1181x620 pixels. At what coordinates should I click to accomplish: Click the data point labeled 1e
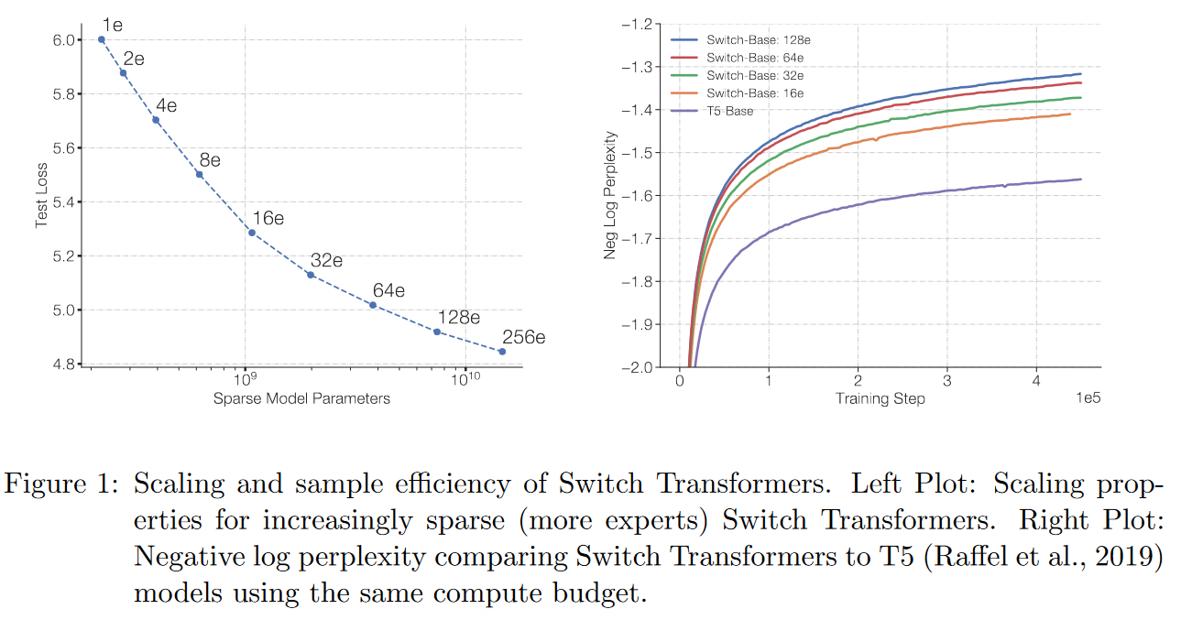click(101, 39)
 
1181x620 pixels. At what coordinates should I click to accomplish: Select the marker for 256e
click(502, 352)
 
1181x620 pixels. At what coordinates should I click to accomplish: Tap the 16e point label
click(268, 218)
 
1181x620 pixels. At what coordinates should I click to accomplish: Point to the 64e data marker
click(373, 305)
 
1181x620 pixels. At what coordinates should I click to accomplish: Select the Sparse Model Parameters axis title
click(301, 398)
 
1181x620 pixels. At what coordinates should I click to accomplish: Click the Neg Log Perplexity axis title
click(610, 195)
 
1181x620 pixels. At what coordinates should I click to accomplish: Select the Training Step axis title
click(880, 398)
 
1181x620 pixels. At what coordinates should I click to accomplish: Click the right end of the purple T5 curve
click(1081, 179)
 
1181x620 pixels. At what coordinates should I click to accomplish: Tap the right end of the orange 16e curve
click(1071, 114)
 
